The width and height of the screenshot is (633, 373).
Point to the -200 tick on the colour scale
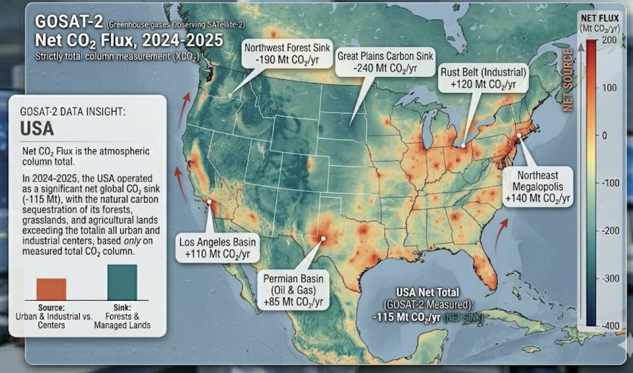pos(607,231)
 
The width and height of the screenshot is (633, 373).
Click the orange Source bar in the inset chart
pos(51,289)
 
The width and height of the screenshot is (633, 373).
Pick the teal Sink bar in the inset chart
pos(122,282)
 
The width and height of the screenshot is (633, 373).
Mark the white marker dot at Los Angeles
pos(210,202)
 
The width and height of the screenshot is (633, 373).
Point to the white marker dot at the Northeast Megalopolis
pos(519,136)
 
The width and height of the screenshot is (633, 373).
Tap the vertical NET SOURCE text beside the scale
pos(568,79)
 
